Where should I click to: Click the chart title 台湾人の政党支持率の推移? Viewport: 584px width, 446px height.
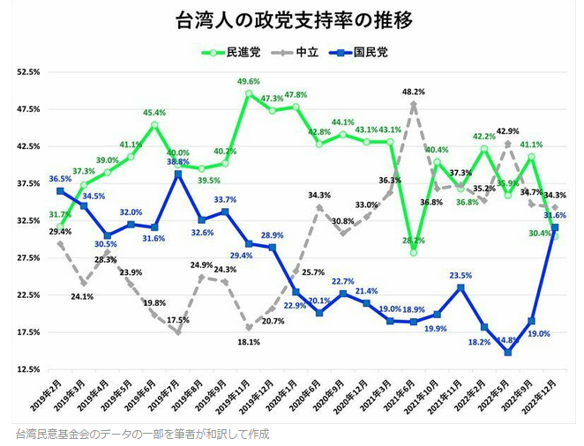291,20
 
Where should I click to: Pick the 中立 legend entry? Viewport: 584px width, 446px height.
305,52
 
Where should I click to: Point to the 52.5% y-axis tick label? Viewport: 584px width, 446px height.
29,72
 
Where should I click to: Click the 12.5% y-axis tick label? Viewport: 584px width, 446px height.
29,369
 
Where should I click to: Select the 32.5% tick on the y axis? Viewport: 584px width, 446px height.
29,220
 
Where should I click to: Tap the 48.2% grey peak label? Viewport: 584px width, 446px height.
413,92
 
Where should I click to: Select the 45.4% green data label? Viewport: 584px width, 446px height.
154,113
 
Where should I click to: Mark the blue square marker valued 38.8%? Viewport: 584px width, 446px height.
178,174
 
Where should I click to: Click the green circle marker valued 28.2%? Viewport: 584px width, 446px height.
413,253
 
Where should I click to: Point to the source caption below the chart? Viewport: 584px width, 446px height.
142,434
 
